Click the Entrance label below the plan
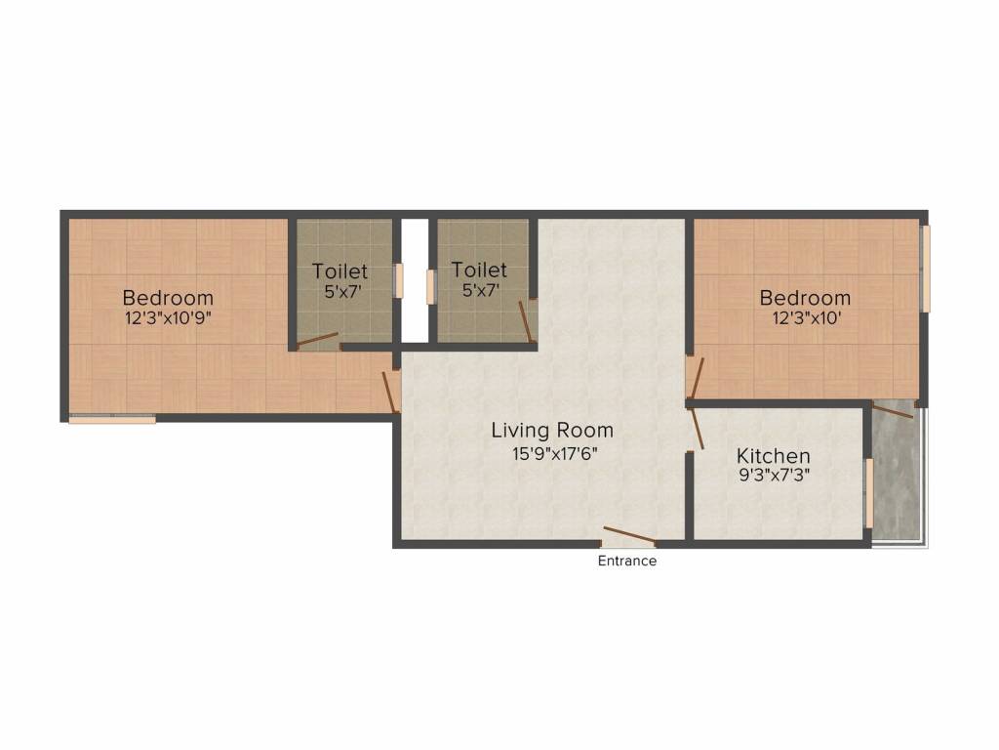click(626, 562)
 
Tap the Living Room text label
click(552, 430)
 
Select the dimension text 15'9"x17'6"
click(552, 453)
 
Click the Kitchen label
click(773, 456)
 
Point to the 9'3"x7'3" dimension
click(773, 478)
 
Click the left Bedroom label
click(168, 298)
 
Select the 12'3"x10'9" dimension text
click(168, 319)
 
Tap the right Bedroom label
click(805, 298)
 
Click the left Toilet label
click(340, 271)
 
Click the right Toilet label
click(479, 269)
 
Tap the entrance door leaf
click(628, 535)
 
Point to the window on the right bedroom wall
click(926, 270)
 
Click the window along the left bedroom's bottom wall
click(111, 420)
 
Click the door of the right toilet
click(525, 321)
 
